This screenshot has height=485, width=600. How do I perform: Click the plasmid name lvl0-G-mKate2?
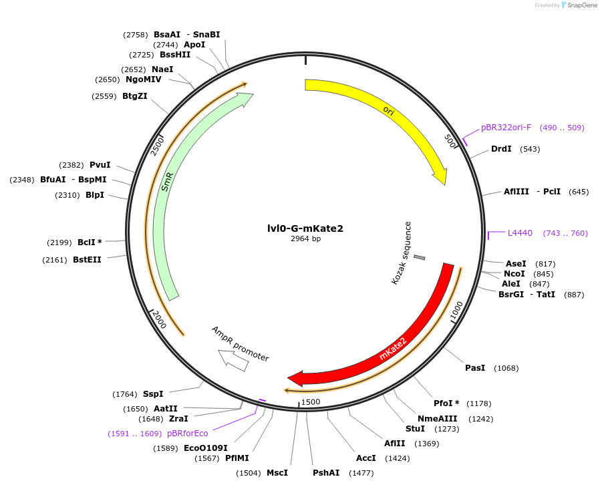pyautogui.click(x=305, y=228)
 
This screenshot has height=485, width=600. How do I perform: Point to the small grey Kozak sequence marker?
pyautogui.click(x=420, y=257)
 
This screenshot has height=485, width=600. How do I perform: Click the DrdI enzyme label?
pyautogui.click(x=501, y=149)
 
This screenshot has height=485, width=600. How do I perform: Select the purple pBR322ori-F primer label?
pyautogui.click(x=506, y=128)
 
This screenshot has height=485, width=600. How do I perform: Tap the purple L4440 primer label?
pyautogui.click(x=520, y=233)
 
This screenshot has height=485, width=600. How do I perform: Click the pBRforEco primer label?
pyautogui.click(x=188, y=434)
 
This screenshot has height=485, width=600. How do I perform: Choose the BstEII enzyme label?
pyautogui.click(x=87, y=260)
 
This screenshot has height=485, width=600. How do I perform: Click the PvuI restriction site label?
pyautogui.click(x=100, y=165)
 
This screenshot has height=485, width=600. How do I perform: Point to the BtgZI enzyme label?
pyautogui.click(x=134, y=96)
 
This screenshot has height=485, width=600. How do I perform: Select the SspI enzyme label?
pyautogui.click(x=153, y=394)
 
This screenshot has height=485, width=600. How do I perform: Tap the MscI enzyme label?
pyautogui.click(x=277, y=473)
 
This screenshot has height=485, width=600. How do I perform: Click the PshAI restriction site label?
pyautogui.click(x=326, y=473)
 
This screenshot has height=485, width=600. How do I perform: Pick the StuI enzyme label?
pyautogui.click(x=415, y=429)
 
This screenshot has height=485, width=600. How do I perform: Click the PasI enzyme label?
pyautogui.click(x=475, y=368)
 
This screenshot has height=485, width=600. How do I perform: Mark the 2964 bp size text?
pyautogui.click(x=305, y=239)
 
